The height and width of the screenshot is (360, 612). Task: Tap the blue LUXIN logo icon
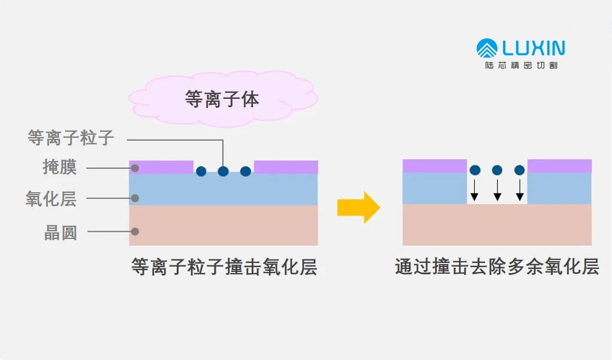coord(487,49)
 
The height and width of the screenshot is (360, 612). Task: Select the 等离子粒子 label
coord(71,138)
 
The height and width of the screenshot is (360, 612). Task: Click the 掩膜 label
coord(60,167)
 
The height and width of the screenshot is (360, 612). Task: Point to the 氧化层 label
coord(51,198)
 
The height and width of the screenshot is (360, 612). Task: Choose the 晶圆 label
coord(61,232)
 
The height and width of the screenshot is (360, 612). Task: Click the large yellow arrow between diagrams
coord(358,207)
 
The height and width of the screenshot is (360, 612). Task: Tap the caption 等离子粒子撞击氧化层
coord(224,267)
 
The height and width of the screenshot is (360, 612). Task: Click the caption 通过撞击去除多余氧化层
coord(497,267)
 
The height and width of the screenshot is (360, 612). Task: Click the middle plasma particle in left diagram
coord(223,171)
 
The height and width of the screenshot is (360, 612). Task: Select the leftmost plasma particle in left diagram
coord(201,171)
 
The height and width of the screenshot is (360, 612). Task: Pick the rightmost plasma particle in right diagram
coord(519,170)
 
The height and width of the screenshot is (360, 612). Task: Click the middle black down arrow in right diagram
coord(497,190)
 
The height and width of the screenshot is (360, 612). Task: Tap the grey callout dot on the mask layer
coord(135,168)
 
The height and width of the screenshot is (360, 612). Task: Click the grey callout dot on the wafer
coord(135,231)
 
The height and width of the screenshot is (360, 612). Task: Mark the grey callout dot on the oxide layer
coord(135,198)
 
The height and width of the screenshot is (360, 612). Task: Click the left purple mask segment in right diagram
coord(435,166)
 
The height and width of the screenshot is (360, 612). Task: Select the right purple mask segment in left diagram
coord(286,167)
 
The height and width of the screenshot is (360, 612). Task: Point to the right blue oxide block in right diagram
coord(559,188)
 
